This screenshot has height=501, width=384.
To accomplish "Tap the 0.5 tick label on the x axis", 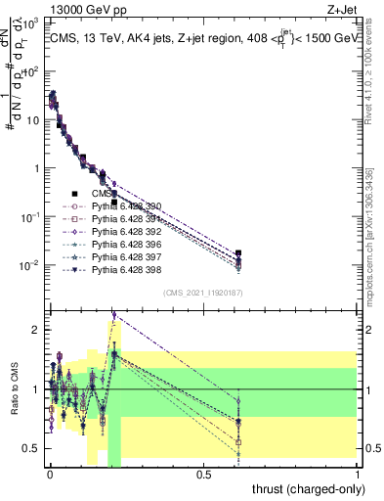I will (203, 474).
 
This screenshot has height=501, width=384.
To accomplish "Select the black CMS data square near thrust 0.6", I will (238, 253).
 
